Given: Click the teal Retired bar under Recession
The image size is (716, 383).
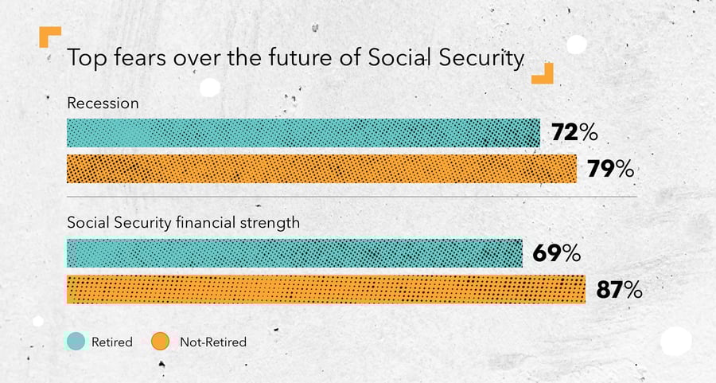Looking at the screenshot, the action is click(303, 133).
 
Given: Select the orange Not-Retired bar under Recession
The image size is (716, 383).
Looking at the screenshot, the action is click(321, 169).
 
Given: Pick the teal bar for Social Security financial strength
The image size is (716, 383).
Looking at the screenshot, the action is click(294, 252).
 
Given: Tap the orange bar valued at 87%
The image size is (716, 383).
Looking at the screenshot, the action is click(326, 289).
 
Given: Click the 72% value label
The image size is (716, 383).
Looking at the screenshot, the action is click(574, 132).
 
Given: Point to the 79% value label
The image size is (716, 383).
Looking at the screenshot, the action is click(610, 169).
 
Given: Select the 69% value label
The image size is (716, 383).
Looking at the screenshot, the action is click(557, 253).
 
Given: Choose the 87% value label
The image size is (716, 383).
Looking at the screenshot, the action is click(619, 290).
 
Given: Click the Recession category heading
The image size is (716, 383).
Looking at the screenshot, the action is click(103, 104).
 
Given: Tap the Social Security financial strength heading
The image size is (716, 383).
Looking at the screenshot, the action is click(184, 223).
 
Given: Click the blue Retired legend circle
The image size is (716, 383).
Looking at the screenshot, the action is click(76, 342).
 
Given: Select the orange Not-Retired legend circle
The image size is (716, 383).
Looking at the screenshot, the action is click(160, 342).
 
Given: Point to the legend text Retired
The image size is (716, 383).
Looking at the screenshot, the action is click(112, 342).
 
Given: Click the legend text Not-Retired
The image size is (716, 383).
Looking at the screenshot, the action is click(213, 342).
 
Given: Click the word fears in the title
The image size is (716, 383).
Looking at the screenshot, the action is click(140, 57).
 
